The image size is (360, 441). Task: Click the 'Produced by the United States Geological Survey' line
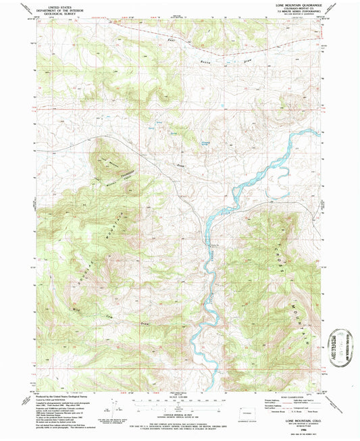63,396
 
